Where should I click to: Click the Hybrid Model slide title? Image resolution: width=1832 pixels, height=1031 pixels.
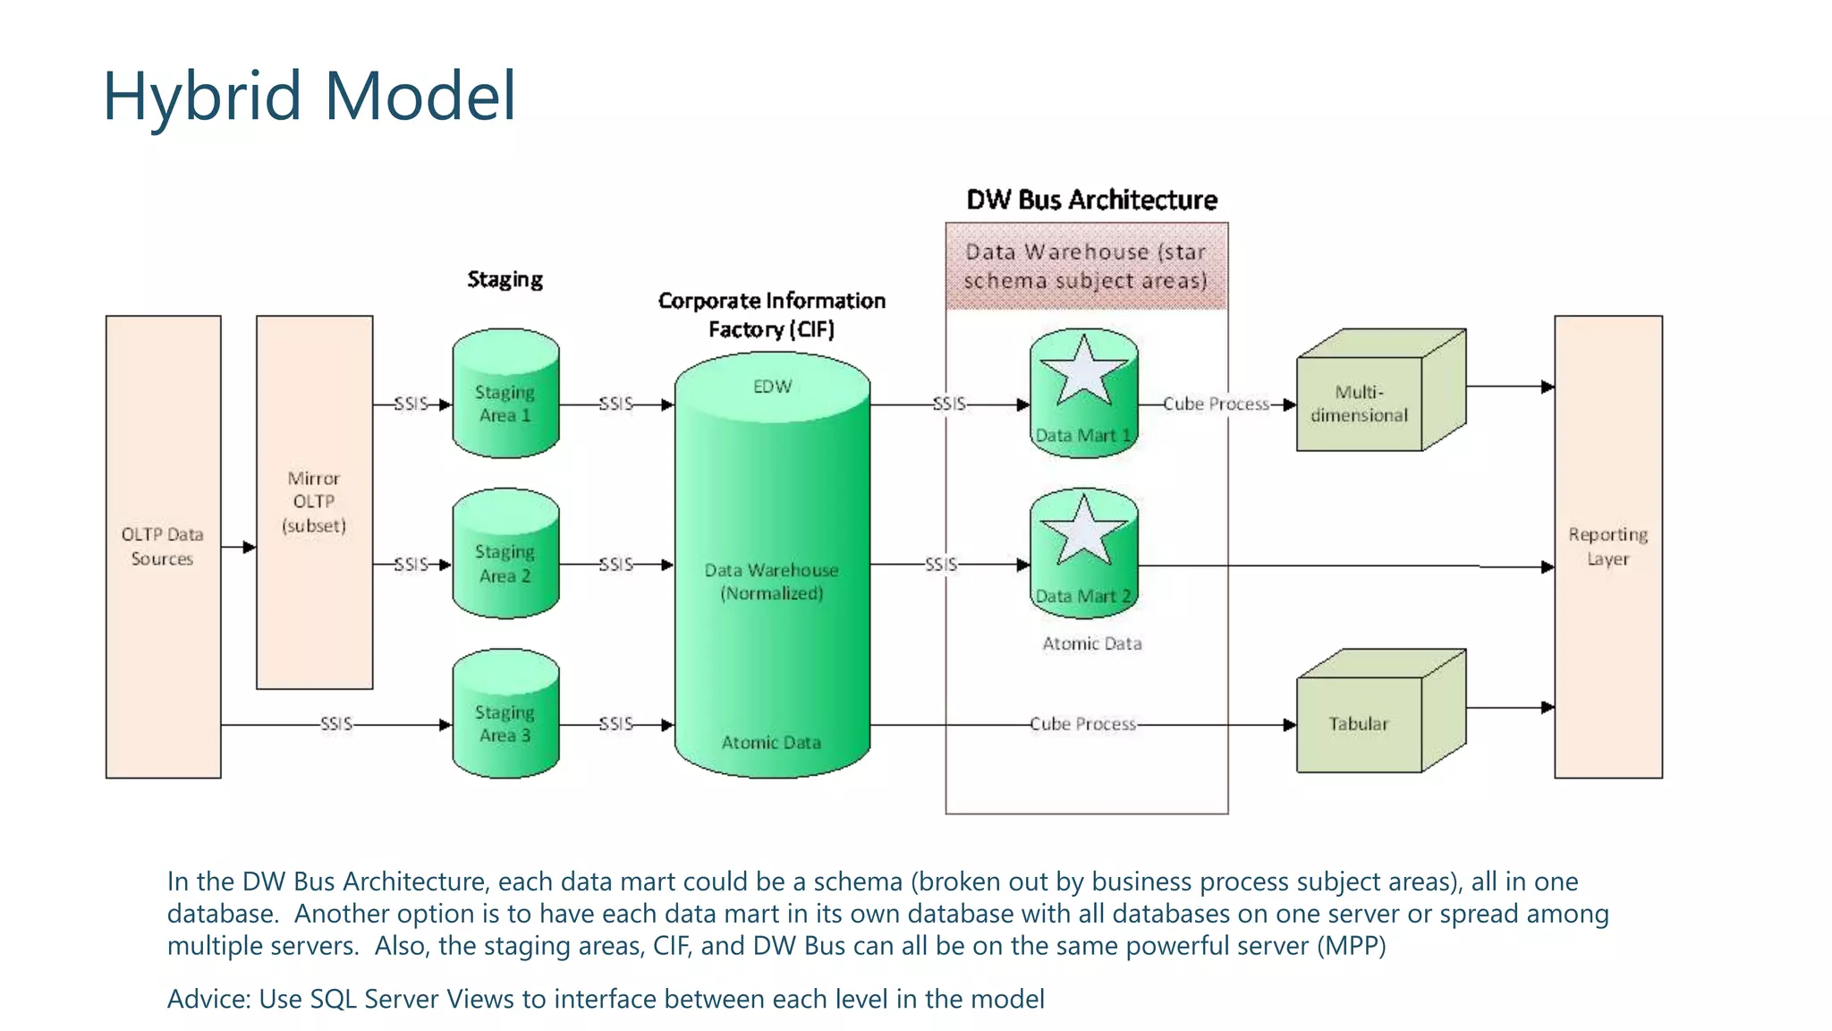(x=309, y=96)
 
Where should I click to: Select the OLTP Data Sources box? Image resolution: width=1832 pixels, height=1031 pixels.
(x=163, y=546)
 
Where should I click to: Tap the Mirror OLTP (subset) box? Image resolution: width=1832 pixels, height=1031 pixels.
(x=314, y=502)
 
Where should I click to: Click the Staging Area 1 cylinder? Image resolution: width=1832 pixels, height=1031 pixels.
(x=505, y=403)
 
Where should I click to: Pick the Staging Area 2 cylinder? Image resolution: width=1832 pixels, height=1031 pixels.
(x=505, y=563)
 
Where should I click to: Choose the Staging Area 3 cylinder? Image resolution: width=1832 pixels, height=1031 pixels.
(x=505, y=723)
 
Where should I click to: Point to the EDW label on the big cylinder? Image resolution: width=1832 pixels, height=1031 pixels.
(x=772, y=387)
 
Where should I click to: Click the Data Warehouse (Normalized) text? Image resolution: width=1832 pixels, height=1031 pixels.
(x=772, y=582)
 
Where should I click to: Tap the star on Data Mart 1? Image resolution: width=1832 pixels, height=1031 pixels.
(x=1083, y=372)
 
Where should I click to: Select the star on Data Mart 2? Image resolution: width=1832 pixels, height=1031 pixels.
(x=1083, y=532)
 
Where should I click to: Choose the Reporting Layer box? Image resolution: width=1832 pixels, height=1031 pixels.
(x=1607, y=546)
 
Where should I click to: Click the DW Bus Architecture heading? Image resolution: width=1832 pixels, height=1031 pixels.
(x=1091, y=200)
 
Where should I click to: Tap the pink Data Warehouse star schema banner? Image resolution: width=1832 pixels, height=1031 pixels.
(x=1086, y=267)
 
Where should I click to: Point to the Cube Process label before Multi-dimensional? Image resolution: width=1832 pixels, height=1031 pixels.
(x=1216, y=405)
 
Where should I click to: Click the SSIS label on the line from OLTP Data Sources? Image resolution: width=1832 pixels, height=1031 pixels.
(x=336, y=724)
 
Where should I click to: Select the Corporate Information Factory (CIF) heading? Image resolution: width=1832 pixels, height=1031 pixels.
(x=771, y=315)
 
